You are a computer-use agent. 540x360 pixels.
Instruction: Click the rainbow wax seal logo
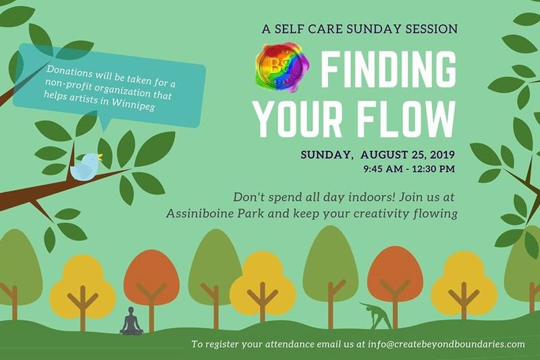(x=281, y=67)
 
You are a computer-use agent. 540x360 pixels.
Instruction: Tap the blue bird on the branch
(x=85, y=166)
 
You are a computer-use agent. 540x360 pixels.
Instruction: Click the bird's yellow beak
(x=100, y=157)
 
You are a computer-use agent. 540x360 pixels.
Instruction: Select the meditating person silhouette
(x=131, y=321)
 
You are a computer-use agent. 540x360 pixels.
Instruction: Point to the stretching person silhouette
(x=376, y=315)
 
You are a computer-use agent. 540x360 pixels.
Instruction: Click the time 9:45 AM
(x=381, y=169)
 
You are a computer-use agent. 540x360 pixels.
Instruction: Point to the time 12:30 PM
(x=432, y=169)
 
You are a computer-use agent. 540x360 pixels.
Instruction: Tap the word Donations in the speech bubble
(x=70, y=72)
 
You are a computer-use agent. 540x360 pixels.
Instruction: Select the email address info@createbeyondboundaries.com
(x=446, y=344)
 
